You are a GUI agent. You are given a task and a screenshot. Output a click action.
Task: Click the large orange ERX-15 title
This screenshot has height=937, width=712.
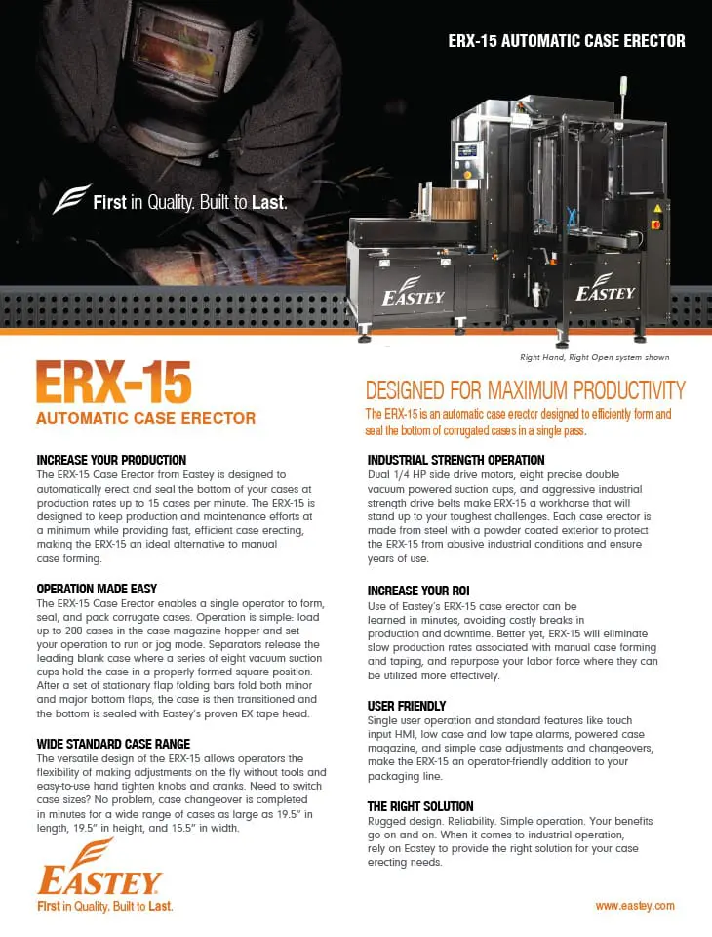113,383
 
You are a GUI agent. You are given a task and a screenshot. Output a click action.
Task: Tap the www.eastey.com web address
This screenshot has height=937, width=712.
635,906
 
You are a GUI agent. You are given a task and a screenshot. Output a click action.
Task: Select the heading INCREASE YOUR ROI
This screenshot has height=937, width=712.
418,591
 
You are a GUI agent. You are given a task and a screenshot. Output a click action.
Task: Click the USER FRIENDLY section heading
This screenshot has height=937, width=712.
406,706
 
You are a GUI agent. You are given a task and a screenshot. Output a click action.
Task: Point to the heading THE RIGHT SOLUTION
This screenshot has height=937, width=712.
420,806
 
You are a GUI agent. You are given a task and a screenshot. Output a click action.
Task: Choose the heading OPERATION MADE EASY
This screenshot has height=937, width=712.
97,589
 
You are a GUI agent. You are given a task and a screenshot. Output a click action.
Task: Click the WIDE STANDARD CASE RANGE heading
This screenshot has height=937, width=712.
113,744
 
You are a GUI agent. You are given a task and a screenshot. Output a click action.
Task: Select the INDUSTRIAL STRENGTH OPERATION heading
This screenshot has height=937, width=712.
455,460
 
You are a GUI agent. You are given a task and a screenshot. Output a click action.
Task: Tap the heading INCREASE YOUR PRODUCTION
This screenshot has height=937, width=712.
111,460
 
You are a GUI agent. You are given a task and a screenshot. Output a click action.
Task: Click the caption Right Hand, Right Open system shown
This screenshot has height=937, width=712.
594,357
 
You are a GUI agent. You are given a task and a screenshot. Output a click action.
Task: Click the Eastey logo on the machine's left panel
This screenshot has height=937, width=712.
414,291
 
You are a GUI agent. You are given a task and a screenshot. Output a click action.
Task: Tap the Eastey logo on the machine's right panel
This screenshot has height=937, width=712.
605,287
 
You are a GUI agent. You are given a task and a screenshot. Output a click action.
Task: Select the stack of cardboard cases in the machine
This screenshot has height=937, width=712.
454,204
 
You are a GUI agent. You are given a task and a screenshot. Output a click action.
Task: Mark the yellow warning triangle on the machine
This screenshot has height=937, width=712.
657,209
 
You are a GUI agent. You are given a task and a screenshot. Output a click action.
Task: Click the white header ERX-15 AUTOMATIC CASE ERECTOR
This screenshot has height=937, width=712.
567,41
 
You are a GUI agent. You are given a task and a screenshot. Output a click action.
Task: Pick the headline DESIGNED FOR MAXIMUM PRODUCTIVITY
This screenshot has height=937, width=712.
525,390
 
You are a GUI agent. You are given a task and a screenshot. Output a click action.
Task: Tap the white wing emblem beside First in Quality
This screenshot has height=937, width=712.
70,199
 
